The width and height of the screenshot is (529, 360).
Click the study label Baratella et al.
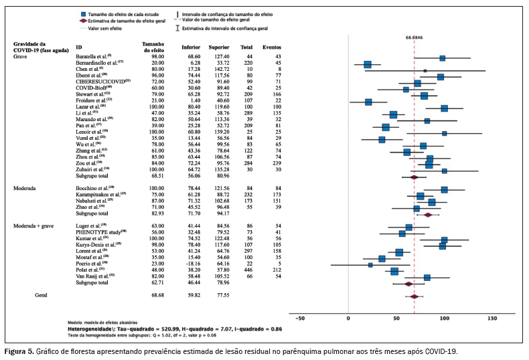tap(92, 58)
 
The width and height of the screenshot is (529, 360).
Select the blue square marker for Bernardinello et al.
tap(368, 64)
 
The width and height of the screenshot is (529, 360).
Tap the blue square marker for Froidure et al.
tap(368, 102)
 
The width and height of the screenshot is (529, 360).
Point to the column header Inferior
tap(191, 48)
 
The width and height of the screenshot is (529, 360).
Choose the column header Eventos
tap(271, 48)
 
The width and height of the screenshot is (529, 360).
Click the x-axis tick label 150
tap(492, 318)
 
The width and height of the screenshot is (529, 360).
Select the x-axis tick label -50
tap(300, 318)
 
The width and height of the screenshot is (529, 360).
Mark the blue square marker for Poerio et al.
tap(370, 264)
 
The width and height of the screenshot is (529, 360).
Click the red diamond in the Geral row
tap(414, 296)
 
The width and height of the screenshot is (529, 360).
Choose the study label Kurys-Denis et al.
tap(98, 246)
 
